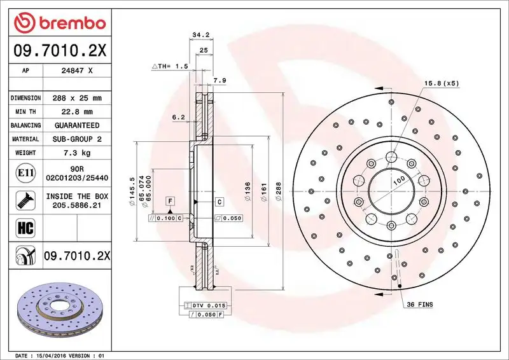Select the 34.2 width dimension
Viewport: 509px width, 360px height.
tap(202, 36)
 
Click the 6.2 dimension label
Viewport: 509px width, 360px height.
tap(178, 117)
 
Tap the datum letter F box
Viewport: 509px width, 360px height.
tap(171, 202)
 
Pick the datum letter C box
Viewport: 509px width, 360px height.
tap(219, 202)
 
